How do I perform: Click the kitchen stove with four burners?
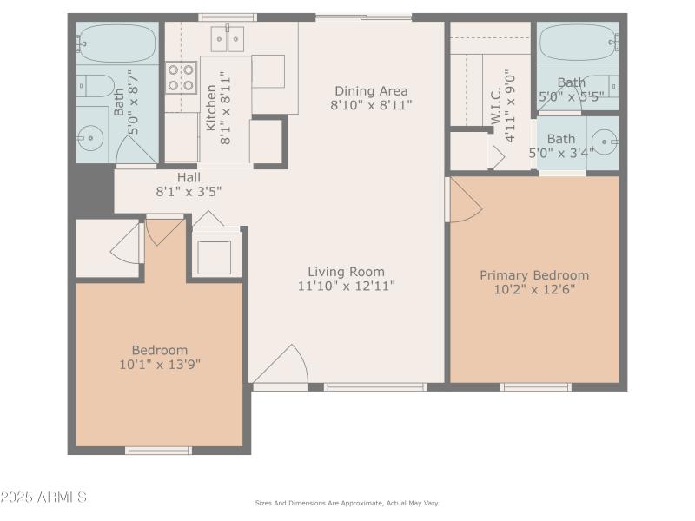point(182,77)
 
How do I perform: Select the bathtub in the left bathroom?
point(117,41)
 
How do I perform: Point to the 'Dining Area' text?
point(370,90)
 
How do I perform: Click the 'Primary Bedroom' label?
point(534,275)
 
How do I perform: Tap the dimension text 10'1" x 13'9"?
point(160,365)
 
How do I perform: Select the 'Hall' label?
point(189,176)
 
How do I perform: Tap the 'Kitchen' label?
point(211,108)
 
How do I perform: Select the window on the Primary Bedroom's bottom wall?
point(536,386)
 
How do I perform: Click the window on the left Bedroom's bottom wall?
point(158,451)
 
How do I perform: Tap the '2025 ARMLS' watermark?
point(43,498)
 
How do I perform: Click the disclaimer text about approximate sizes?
point(347,503)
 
